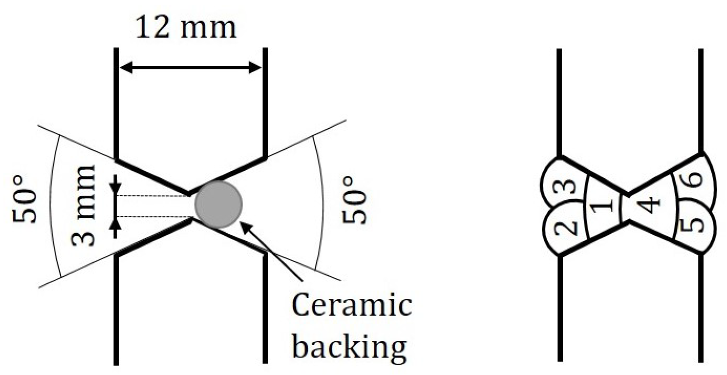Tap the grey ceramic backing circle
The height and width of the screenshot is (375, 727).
tap(218, 205)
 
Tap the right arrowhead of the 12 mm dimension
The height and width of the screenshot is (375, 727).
tap(256, 68)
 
